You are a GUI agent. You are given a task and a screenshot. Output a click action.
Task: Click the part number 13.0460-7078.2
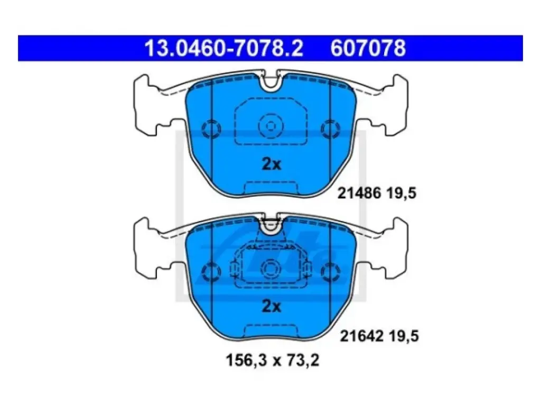(224, 48)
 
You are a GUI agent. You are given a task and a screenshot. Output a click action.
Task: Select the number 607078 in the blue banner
(368, 48)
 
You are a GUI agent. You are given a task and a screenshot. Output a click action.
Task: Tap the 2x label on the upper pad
(272, 164)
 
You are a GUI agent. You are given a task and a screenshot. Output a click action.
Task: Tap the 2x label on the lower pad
(272, 306)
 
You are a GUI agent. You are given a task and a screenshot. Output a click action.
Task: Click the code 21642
(362, 336)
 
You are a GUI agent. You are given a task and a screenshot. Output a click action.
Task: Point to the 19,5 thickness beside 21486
(402, 193)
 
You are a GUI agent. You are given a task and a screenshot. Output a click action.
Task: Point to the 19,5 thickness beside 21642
(404, 336)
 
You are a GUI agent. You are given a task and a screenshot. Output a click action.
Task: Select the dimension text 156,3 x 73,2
(273, 361)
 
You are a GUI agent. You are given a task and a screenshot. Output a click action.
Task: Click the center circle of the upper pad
(271, 126)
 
